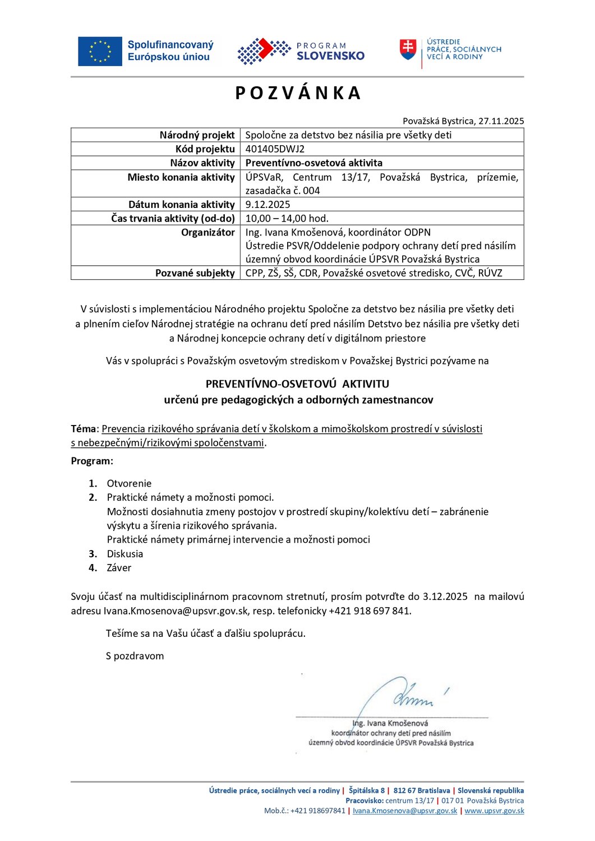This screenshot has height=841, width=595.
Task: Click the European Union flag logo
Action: pos(100,52)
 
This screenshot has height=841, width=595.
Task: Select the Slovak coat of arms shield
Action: pos(408,49)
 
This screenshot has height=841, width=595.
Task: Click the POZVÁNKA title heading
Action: pos(298,93)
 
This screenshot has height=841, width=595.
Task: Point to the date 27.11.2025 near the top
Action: pos(501,121)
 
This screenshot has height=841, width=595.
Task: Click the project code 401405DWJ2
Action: pos(275,149)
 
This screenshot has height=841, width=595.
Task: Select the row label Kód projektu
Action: pos(205,149)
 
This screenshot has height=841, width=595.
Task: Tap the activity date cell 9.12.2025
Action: pos(267,205)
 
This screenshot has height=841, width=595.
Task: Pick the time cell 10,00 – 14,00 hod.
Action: pos(287,219)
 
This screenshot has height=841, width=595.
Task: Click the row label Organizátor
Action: pos(207,232)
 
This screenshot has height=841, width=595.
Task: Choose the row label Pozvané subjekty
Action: pos(195,273)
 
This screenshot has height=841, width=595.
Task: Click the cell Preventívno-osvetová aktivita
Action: pos(313,163)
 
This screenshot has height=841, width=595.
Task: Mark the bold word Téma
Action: pos(84,429)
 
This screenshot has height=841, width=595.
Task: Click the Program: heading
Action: pos(92,461)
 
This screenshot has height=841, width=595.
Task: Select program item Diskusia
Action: pos(125,554)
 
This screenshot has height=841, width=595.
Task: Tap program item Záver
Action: pos(119,568)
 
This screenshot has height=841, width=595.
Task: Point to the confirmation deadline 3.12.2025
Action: pos(445,597)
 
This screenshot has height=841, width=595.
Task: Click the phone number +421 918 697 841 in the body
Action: pos(370,611)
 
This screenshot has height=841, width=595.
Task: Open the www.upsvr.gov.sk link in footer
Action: pos(494,811)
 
